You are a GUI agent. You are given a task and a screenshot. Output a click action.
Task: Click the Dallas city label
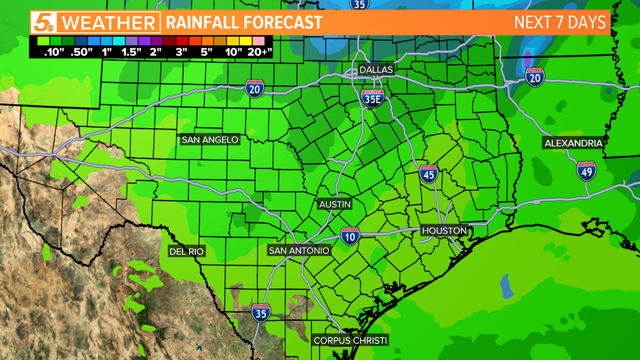[376, 70]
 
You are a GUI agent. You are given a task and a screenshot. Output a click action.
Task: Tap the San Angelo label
[210, 140]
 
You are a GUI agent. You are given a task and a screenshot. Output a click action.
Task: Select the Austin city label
[335, 204]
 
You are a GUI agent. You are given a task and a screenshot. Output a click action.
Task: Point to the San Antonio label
[299, 250]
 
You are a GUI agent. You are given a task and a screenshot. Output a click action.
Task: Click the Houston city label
[444, 231]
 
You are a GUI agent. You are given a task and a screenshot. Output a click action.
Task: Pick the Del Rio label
[186, 252]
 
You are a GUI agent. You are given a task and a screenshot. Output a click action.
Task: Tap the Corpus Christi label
[350, 340]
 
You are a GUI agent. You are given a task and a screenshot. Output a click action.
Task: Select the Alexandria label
[573, 143]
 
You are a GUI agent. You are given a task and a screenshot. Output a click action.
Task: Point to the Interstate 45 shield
[428, 174]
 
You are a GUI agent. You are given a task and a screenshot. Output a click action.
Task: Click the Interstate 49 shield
[586, 171]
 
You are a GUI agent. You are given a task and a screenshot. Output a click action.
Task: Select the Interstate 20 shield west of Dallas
[255, 89]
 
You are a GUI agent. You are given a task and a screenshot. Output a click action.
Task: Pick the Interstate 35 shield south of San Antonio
[260, 313]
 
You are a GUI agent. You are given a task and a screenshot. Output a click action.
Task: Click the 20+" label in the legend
[259, 52]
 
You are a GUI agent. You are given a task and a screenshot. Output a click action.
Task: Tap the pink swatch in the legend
[259, 40]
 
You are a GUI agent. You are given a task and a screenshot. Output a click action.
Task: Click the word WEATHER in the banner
[108, 24]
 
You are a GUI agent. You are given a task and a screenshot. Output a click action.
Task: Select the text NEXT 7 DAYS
[560, 22]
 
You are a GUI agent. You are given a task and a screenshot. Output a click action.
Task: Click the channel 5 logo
[44, 23]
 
